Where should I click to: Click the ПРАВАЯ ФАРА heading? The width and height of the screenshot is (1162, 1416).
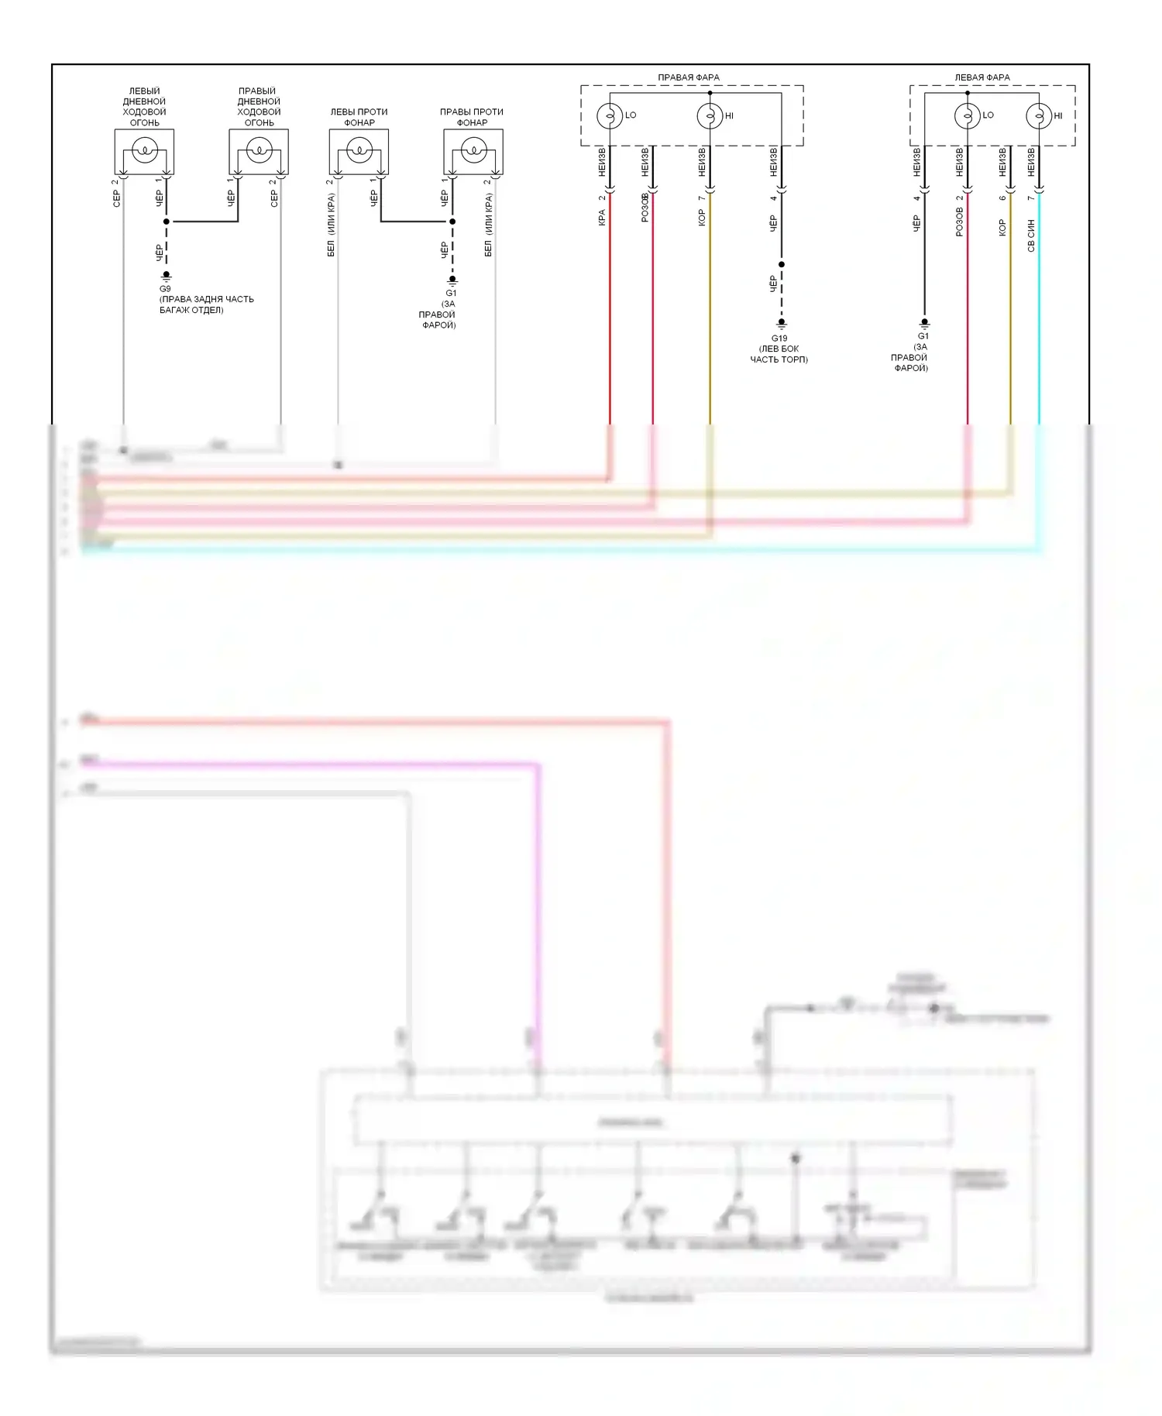[688, 77]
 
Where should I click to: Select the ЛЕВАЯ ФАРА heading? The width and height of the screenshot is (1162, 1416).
[982, 77]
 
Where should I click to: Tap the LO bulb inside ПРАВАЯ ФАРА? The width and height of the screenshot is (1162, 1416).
[610, 115]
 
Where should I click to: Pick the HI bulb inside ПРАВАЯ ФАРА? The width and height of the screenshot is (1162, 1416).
[710, 115]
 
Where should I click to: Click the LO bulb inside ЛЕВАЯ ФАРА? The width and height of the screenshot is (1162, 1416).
[967, 115]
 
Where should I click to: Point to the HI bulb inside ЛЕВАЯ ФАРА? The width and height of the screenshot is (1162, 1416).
[1039, 115]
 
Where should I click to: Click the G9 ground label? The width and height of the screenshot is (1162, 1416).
[165, 289]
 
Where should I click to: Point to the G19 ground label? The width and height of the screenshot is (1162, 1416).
[779, 339]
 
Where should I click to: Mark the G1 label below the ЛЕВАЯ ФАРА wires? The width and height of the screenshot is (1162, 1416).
[923, 336]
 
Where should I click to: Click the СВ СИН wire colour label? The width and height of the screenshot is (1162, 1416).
[1031, 235]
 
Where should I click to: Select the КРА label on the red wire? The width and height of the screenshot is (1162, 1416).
[602, 218]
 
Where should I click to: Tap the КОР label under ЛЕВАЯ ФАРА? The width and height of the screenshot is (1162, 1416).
[1002, 228]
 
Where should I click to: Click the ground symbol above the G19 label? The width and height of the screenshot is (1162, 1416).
[782, 323]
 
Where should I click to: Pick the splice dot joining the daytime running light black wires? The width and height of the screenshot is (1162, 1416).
[166, 222]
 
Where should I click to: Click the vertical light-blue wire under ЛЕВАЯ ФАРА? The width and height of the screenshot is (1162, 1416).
[1039, 325]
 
